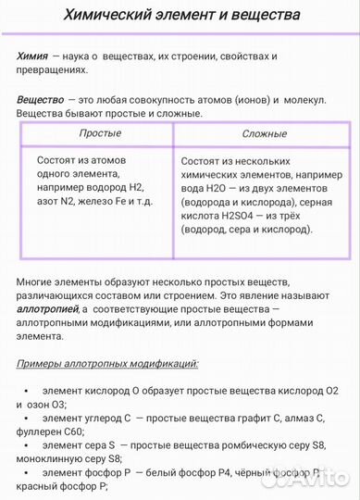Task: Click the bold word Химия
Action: coord(31,56)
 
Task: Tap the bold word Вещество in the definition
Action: coord(42,99)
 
